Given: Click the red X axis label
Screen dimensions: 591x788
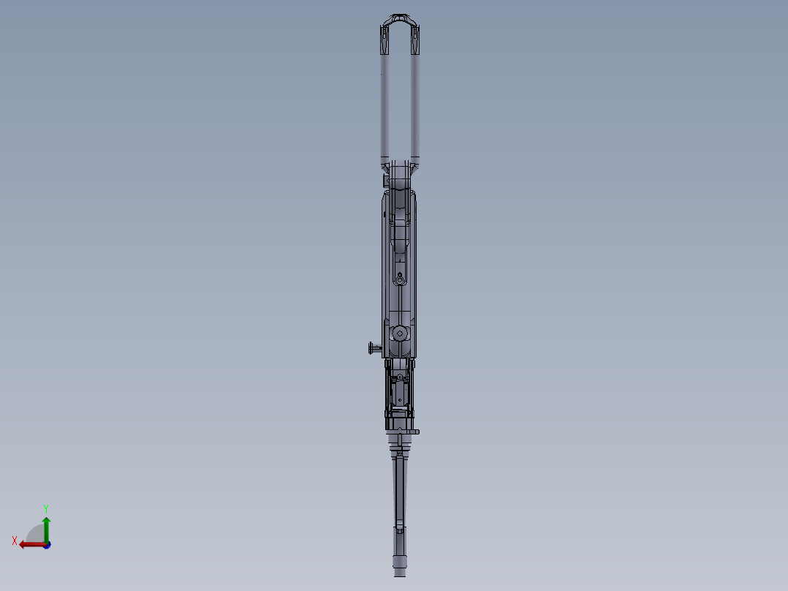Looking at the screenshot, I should pyautogui.click(x=15, y=541).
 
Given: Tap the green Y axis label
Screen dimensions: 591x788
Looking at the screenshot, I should pyautogui.click(x=45, y=508).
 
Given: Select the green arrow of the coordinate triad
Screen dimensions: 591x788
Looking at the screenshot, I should pyautogui.click(x=46, y=527).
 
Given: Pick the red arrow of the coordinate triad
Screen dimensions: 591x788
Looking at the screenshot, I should pyautogui.click(x=29, y=544).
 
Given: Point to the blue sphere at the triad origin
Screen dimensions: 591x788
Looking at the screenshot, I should pyautogui.click(x=46, y=544).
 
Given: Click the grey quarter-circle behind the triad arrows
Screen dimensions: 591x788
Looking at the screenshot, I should pyautogui.click(x=35, y=534).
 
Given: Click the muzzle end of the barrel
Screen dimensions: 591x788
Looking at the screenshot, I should pyautogui.click(x=400, y=571).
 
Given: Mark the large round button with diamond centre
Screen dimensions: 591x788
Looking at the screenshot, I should pyautogui.click(x=400, y=334).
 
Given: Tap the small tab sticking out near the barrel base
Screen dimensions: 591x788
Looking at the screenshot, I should pyautogui.click(x=414, y=432).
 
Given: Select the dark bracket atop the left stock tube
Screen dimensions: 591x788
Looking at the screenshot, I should pyautogui.click(x=384, y=40).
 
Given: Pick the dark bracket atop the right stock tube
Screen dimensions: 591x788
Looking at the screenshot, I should pyautogui.click(x=417, y=40).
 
